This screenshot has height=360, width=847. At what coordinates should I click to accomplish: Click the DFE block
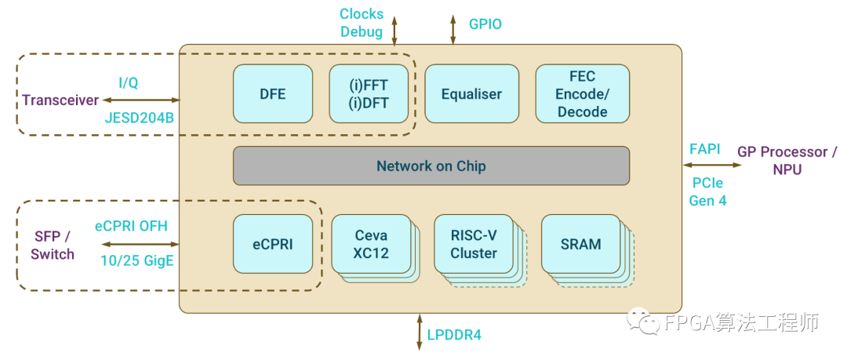(273, 93)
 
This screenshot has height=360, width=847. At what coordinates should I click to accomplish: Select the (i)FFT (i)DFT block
(369, 93)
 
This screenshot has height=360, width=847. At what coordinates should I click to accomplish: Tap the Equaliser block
(471, 93)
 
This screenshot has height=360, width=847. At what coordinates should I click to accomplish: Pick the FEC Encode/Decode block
(582, 93)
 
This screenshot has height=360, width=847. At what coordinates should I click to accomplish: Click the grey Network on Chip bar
(431, 165)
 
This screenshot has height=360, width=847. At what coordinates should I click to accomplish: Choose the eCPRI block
(273, 244)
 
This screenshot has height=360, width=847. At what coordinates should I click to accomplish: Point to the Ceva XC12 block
(371, 244)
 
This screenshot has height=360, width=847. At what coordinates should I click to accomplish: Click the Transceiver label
(60, 100)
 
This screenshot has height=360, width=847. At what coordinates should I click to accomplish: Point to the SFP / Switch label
(53, 245)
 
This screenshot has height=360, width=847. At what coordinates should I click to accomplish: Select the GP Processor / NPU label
(787, 160)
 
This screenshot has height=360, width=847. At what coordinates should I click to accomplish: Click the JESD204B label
(140, 118)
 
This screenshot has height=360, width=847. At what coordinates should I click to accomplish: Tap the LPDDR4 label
(454, 335)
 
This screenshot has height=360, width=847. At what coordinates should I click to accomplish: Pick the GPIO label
(485, 24)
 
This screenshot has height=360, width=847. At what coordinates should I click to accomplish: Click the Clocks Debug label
(361, 23)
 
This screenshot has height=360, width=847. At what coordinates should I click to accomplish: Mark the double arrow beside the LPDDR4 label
(419, 332)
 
